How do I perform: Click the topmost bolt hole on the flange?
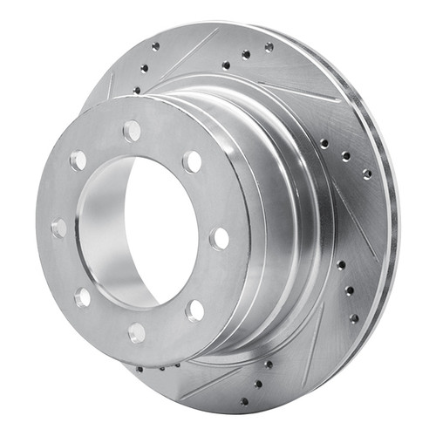pos(132,131)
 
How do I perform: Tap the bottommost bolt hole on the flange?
pos(137,332)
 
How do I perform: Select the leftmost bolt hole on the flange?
pos(59,228)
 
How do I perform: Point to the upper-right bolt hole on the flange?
pos(192,161)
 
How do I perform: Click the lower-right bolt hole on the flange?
pos(194,310)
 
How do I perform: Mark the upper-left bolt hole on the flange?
pos(78,160)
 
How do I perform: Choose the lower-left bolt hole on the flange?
pos(82,296)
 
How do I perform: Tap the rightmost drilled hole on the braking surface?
pos(366,174)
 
